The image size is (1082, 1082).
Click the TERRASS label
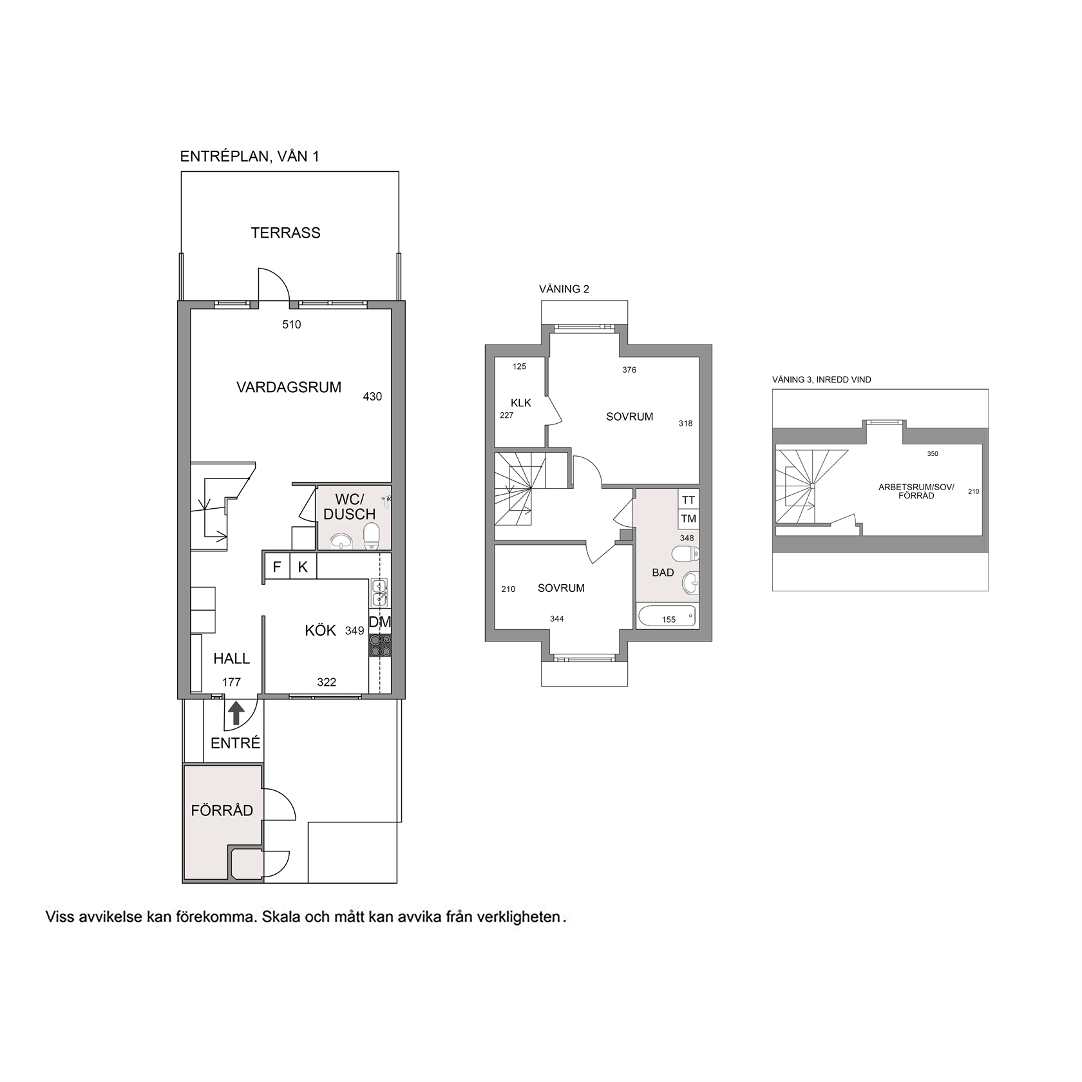285,233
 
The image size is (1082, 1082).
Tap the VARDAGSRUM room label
289,388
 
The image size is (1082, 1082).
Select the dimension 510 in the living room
292,325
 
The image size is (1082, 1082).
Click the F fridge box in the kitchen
277,567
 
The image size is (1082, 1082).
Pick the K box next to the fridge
303,567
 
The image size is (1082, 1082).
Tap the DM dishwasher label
380,623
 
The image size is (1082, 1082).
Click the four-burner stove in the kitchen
380,645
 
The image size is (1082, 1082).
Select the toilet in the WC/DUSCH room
372,536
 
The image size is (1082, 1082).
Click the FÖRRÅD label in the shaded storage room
222,810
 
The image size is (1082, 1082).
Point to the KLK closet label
521,403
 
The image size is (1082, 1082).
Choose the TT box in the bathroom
688,500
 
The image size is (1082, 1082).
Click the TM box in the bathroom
688,518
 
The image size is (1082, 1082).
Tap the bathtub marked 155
667,616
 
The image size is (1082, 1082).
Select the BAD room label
663,573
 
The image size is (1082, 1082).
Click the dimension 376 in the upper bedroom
629,370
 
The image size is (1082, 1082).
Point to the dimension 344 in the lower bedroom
557,619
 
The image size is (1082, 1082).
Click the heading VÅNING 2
564,289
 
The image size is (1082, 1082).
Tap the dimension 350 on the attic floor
933,453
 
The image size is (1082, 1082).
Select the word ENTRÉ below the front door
236,743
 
